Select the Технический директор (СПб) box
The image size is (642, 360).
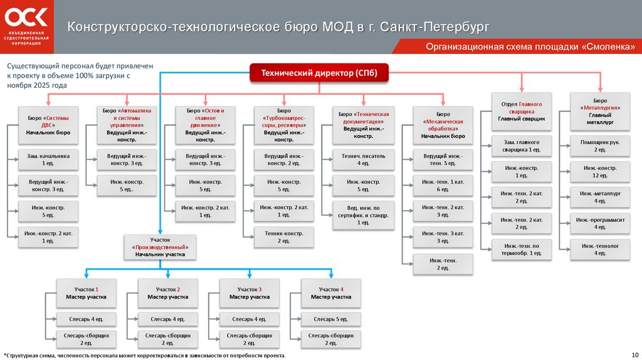(x=319, y=73)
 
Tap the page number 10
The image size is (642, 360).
(x=634, y=354)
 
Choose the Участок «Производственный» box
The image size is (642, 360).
(x=160, y=247)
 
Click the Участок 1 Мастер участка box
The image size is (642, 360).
(x=87, y=292)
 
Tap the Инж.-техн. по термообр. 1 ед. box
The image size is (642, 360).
(x=521, y=249)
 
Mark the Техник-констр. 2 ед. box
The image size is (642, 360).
(x=283, y=236)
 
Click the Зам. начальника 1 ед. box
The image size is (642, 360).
(x=48, y=159)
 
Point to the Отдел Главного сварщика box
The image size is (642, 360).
(x=521, y=110)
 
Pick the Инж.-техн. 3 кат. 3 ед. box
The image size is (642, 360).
(x=443, y=236)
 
